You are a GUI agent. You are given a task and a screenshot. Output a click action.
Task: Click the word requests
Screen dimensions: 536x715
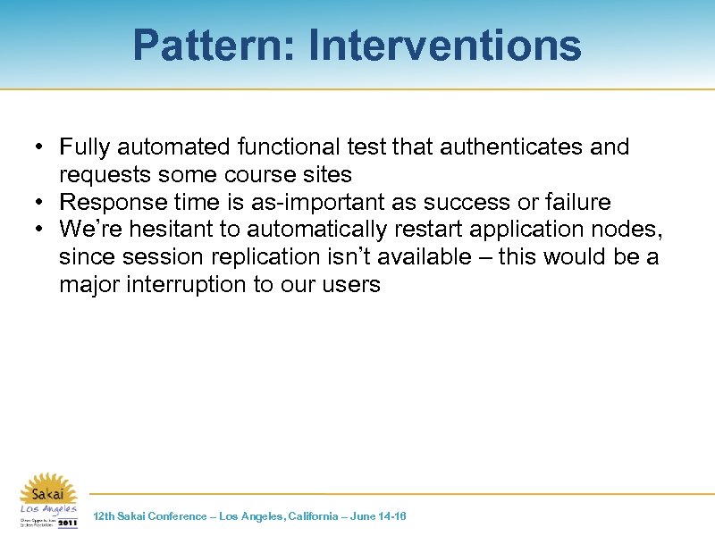(105, 174)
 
